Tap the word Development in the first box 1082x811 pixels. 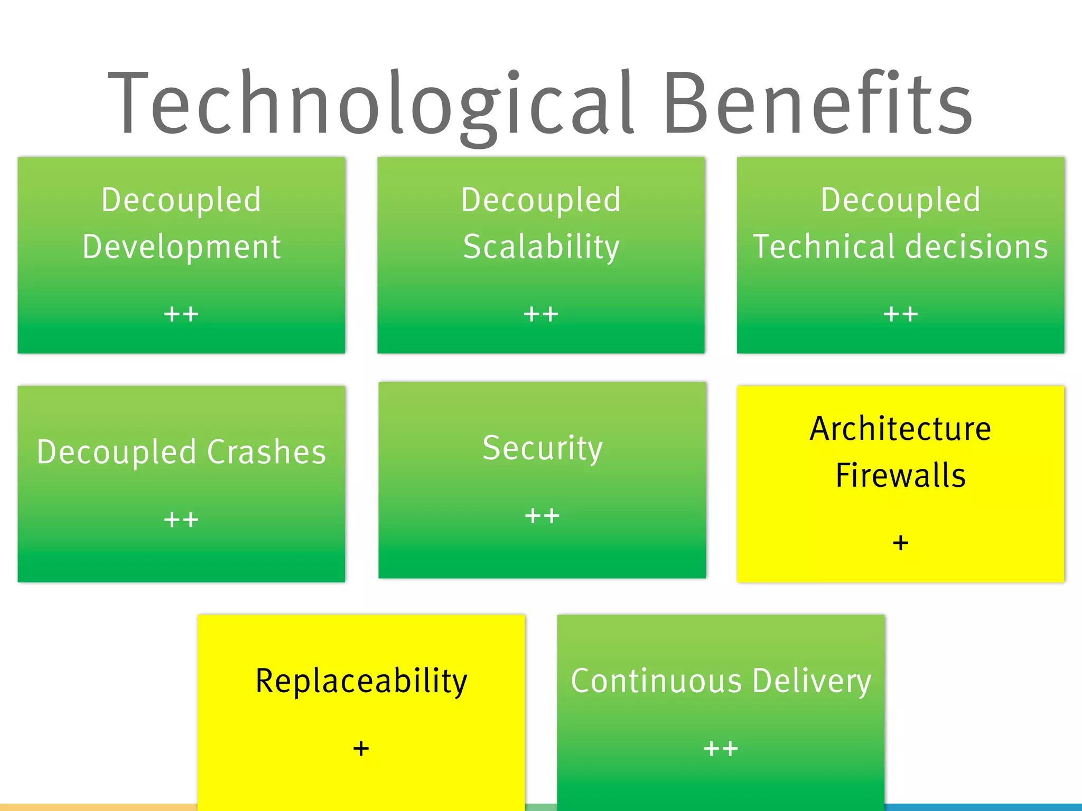tap(181, 247)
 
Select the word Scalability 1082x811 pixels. tap(541, 247)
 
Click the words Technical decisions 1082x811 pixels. tap(900, 247)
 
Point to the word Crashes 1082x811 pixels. tap(266, 452)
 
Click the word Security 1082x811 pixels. tap(542, 449)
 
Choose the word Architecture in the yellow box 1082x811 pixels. tap(900, 429)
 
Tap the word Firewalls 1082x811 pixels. tap(900, 475)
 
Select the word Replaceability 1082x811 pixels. tap(361, 681)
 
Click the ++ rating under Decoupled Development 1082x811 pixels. tap(181, 315)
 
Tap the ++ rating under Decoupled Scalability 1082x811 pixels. tap(541, 315)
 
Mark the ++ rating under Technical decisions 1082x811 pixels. tap(900, 315)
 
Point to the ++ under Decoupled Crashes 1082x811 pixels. tap(181, 520)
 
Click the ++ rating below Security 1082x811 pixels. tap(542, 516)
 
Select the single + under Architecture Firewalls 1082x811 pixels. tap(900, 543)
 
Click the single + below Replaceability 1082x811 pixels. tap(361, 749)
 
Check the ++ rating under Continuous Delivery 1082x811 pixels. tap(721, 749)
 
